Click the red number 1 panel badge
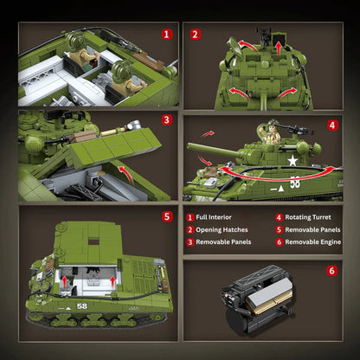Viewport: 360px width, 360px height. [x=166, y=35]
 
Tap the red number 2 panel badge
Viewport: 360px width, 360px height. [x=195, y=35]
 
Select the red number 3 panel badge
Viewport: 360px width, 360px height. [x=166, y=119]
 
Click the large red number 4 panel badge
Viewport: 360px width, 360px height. [x=332, y=125]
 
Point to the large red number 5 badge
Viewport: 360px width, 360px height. [x=167, y=216]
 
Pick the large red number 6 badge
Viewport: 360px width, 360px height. [x=331, y=271]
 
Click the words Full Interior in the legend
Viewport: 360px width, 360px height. [x=214, y=217]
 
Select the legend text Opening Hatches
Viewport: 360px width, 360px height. [x=222, y=230]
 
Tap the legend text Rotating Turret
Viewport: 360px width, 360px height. [x=308, y=217]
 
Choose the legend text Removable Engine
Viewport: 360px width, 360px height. [x=313, y=242]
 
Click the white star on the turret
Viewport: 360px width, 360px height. [x=292, y=161]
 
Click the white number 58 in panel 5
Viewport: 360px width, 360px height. [x=82, y=306]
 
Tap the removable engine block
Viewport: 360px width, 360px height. [x=258, y=300]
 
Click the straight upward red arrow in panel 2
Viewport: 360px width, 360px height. [x=279, y=48]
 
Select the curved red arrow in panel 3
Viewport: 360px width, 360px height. [x=126, y=175]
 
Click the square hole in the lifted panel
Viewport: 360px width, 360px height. [x=93, y=241]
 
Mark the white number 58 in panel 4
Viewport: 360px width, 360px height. [x=295, y=183]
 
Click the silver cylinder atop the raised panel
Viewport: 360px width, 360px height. [x=133, y=125]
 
